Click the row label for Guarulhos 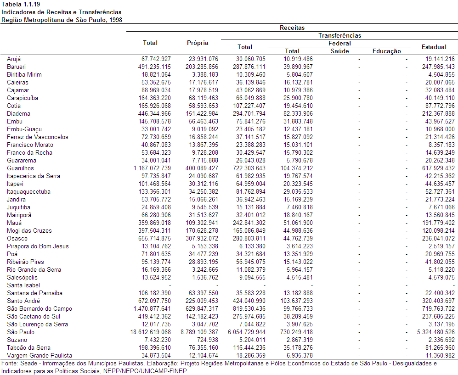(x=21, y=168)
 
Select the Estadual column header (x=434, y=47)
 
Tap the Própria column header (x=198, y=43)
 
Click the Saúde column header (x=339, y=51)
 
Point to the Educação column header (x=386, y=51)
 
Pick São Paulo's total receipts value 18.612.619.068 (x=150, y=332)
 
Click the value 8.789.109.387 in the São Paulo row (x=199, y=332)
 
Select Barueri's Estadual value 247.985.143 (x=438, y=67)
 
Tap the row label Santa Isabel (x=23, y=285)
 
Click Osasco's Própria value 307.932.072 (x=202, y=238)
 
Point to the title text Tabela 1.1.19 (x=21, y=5)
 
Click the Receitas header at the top (x=292, y=28)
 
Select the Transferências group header (x=339, y=36)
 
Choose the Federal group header (x=339, y=44)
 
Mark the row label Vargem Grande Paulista (x=40, y=355)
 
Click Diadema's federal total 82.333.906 (x=298, y=113)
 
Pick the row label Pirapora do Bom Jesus (x=38, y=246)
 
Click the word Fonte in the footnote (x=9, y=364)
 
